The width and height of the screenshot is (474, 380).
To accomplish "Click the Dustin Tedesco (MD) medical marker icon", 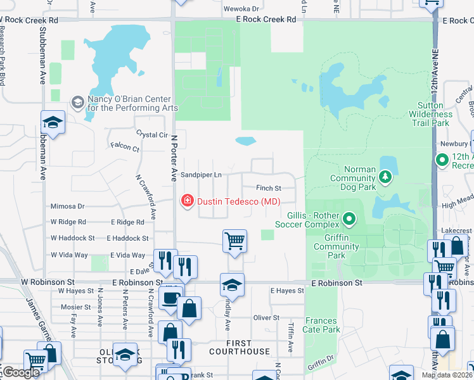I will point(187,201).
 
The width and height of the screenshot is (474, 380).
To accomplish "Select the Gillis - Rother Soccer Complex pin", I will point(349,220).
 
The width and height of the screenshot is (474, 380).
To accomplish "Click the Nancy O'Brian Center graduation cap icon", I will point(78,102).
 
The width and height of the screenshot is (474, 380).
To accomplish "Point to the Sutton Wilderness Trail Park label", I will point(442,114).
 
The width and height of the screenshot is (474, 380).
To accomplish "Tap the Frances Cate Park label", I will point(323,325).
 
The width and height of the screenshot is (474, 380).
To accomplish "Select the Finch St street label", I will point(269,188).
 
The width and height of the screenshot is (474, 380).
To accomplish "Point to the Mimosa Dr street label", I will point(68,206).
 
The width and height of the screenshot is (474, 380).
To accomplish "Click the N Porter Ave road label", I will point(172,161).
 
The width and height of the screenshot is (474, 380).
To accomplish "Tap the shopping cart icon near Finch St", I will point(234,241).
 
